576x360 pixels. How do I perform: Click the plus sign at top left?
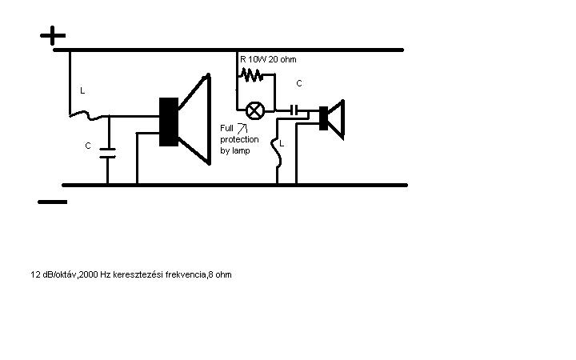coord(53,35)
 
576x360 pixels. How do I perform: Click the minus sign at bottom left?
coord(53,202)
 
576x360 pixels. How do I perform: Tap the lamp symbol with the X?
coord(254,110)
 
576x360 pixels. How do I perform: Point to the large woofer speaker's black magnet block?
coord(168,122)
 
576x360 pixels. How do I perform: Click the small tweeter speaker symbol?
coord(331,119)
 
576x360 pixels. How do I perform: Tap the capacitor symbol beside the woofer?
coord(108,153)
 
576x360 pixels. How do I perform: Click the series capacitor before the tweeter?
coord(297,109)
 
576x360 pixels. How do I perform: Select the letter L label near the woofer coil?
coord(82,91)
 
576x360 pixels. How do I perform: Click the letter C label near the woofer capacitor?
coord(88,146)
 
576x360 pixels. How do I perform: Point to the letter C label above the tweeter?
coord(299,83)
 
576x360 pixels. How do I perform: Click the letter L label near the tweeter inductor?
coord(271,143)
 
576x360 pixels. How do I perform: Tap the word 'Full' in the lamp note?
coord(227,128)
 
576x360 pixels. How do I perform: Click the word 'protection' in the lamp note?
coord(239,139)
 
